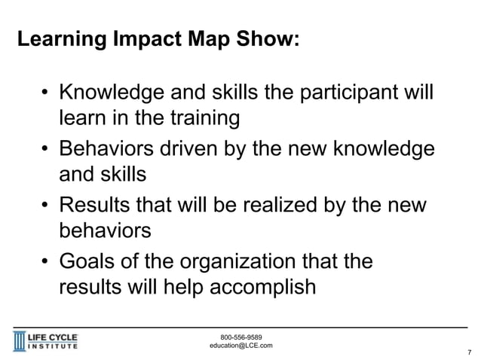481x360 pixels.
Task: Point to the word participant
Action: click(352, 97)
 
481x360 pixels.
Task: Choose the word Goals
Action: click(90, 263)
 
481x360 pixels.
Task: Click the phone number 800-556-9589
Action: click(240, 337)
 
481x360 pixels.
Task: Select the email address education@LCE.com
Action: click(240, 346)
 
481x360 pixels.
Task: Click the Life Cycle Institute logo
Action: click(47, 340)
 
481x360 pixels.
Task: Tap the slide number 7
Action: click(470, 352)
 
